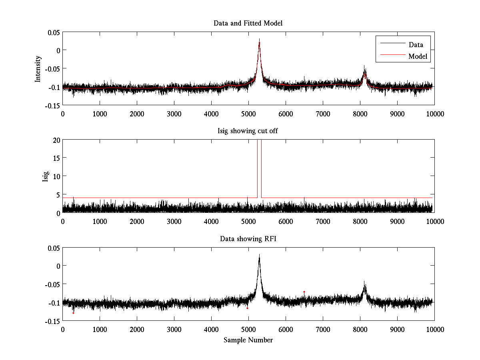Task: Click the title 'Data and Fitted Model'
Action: [x=248, y=23]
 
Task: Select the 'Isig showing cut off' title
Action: [x=248, y=131]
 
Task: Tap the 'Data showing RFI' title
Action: [x=248, y=239]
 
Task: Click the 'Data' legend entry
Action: [x=416, y=45]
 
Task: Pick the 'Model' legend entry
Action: [x=418, y=56]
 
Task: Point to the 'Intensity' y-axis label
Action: [x=38, y=69]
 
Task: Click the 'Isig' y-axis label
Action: [x=45, y=176]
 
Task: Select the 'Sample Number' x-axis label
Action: [x=248, y=340]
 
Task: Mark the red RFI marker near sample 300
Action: [x=74, y=313]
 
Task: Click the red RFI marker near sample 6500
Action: [x=304, y=292]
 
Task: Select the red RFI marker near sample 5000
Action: [x=247, y=308]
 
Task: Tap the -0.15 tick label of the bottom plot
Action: [x=52, y=321]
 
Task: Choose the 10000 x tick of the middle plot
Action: [x=434, y=221]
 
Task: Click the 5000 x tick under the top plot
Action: [x=248, y=114]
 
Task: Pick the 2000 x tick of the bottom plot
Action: [x=137, y=329]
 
